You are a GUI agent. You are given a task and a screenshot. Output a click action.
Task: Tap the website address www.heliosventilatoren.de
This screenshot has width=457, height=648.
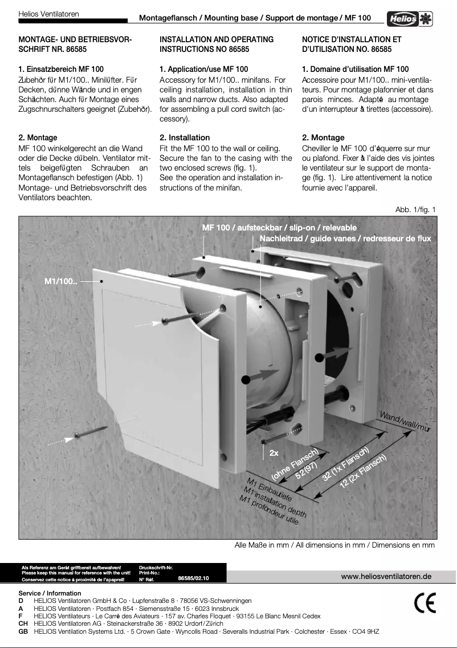386,576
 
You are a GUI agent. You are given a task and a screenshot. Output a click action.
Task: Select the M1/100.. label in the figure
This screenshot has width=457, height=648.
61,281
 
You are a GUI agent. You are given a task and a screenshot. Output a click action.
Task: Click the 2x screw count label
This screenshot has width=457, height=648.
274,453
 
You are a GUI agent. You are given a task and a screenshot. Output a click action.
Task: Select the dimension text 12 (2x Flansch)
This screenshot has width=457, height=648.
364,472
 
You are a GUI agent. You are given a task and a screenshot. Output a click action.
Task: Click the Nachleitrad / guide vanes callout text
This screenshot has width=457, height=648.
345,238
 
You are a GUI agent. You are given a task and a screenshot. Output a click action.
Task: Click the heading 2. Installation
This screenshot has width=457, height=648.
185,137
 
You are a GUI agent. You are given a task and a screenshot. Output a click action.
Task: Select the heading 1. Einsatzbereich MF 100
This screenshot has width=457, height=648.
61,69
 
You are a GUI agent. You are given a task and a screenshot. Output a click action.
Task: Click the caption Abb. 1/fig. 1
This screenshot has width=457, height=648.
415,209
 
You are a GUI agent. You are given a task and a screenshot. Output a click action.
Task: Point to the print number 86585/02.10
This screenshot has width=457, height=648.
194,578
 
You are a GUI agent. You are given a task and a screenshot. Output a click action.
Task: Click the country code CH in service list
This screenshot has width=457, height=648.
23,623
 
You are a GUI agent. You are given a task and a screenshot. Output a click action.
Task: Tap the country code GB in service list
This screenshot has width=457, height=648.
23,631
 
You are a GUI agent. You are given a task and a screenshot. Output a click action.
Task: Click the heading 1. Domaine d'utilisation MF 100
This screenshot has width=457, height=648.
355,69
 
